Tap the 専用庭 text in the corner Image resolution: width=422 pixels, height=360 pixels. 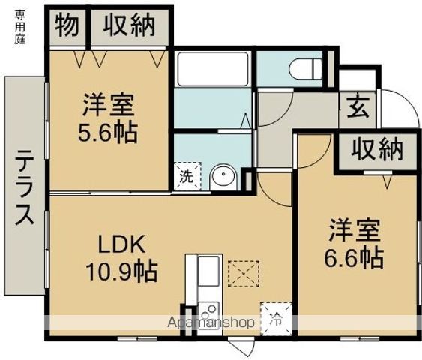tap(19, 27)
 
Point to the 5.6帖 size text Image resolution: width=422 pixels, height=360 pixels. tap(108, 133)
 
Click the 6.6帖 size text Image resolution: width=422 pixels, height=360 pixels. tap(354, 258)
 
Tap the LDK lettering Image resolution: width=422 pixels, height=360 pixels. tap(121, 244)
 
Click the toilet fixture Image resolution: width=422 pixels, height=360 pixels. tap(305, 69)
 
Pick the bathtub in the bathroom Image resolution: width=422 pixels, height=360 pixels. tap(213, 67)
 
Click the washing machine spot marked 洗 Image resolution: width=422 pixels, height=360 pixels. tap(187, 176)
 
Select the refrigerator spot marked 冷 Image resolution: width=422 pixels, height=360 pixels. tap(276, 319)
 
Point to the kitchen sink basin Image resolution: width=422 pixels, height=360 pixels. tap(208, 272)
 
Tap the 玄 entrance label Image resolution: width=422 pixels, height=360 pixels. tap(358, 109)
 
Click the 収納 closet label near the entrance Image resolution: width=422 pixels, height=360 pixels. tap(377, 149)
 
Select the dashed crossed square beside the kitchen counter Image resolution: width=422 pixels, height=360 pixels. tap(244, 274)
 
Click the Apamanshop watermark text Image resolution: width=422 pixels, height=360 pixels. tap(211, 322)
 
